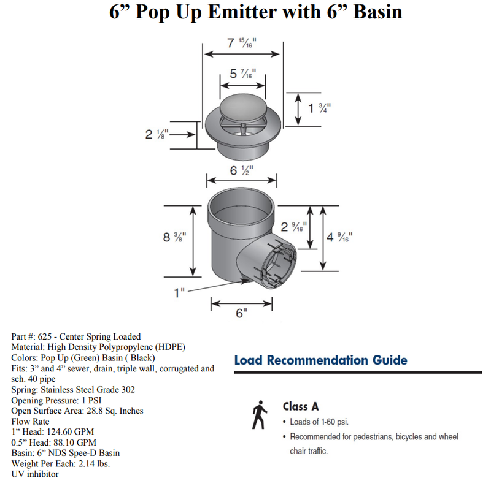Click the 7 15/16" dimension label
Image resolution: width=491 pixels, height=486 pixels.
pyautogui.click(x=242, y=44)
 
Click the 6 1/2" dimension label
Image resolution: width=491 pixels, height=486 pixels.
pyautogui.click(x=242, y=170)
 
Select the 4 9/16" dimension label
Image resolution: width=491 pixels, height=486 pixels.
pyautogui.click(x=339, y=236)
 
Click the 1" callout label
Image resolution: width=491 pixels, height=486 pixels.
pyautogui.click(x=179, y=292)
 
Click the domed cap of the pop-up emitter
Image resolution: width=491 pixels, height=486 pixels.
pyautogui.click(x=243, y=107)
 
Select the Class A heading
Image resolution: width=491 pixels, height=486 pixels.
pyautogui.click(x=301, y=406)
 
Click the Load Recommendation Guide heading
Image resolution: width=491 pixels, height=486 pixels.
pyautogui.click(x=320, y=360)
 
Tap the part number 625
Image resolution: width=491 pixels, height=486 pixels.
pyautogui.click(x=44, y=336)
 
